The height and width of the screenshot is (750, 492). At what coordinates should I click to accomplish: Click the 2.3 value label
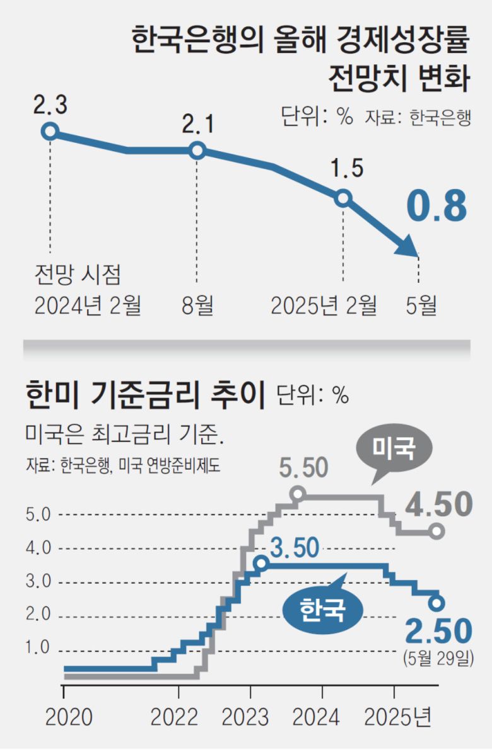50,105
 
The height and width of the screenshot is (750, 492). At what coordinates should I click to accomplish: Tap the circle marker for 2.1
197,151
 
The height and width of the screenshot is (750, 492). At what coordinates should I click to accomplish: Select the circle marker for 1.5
343,198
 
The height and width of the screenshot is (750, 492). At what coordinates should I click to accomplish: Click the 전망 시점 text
76,276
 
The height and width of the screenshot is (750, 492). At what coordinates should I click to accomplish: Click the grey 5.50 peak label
305,469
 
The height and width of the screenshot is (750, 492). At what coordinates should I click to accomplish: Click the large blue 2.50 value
438,632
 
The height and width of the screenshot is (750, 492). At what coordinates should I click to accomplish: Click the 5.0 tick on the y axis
37,515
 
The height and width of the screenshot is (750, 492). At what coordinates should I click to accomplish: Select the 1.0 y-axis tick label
37,648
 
